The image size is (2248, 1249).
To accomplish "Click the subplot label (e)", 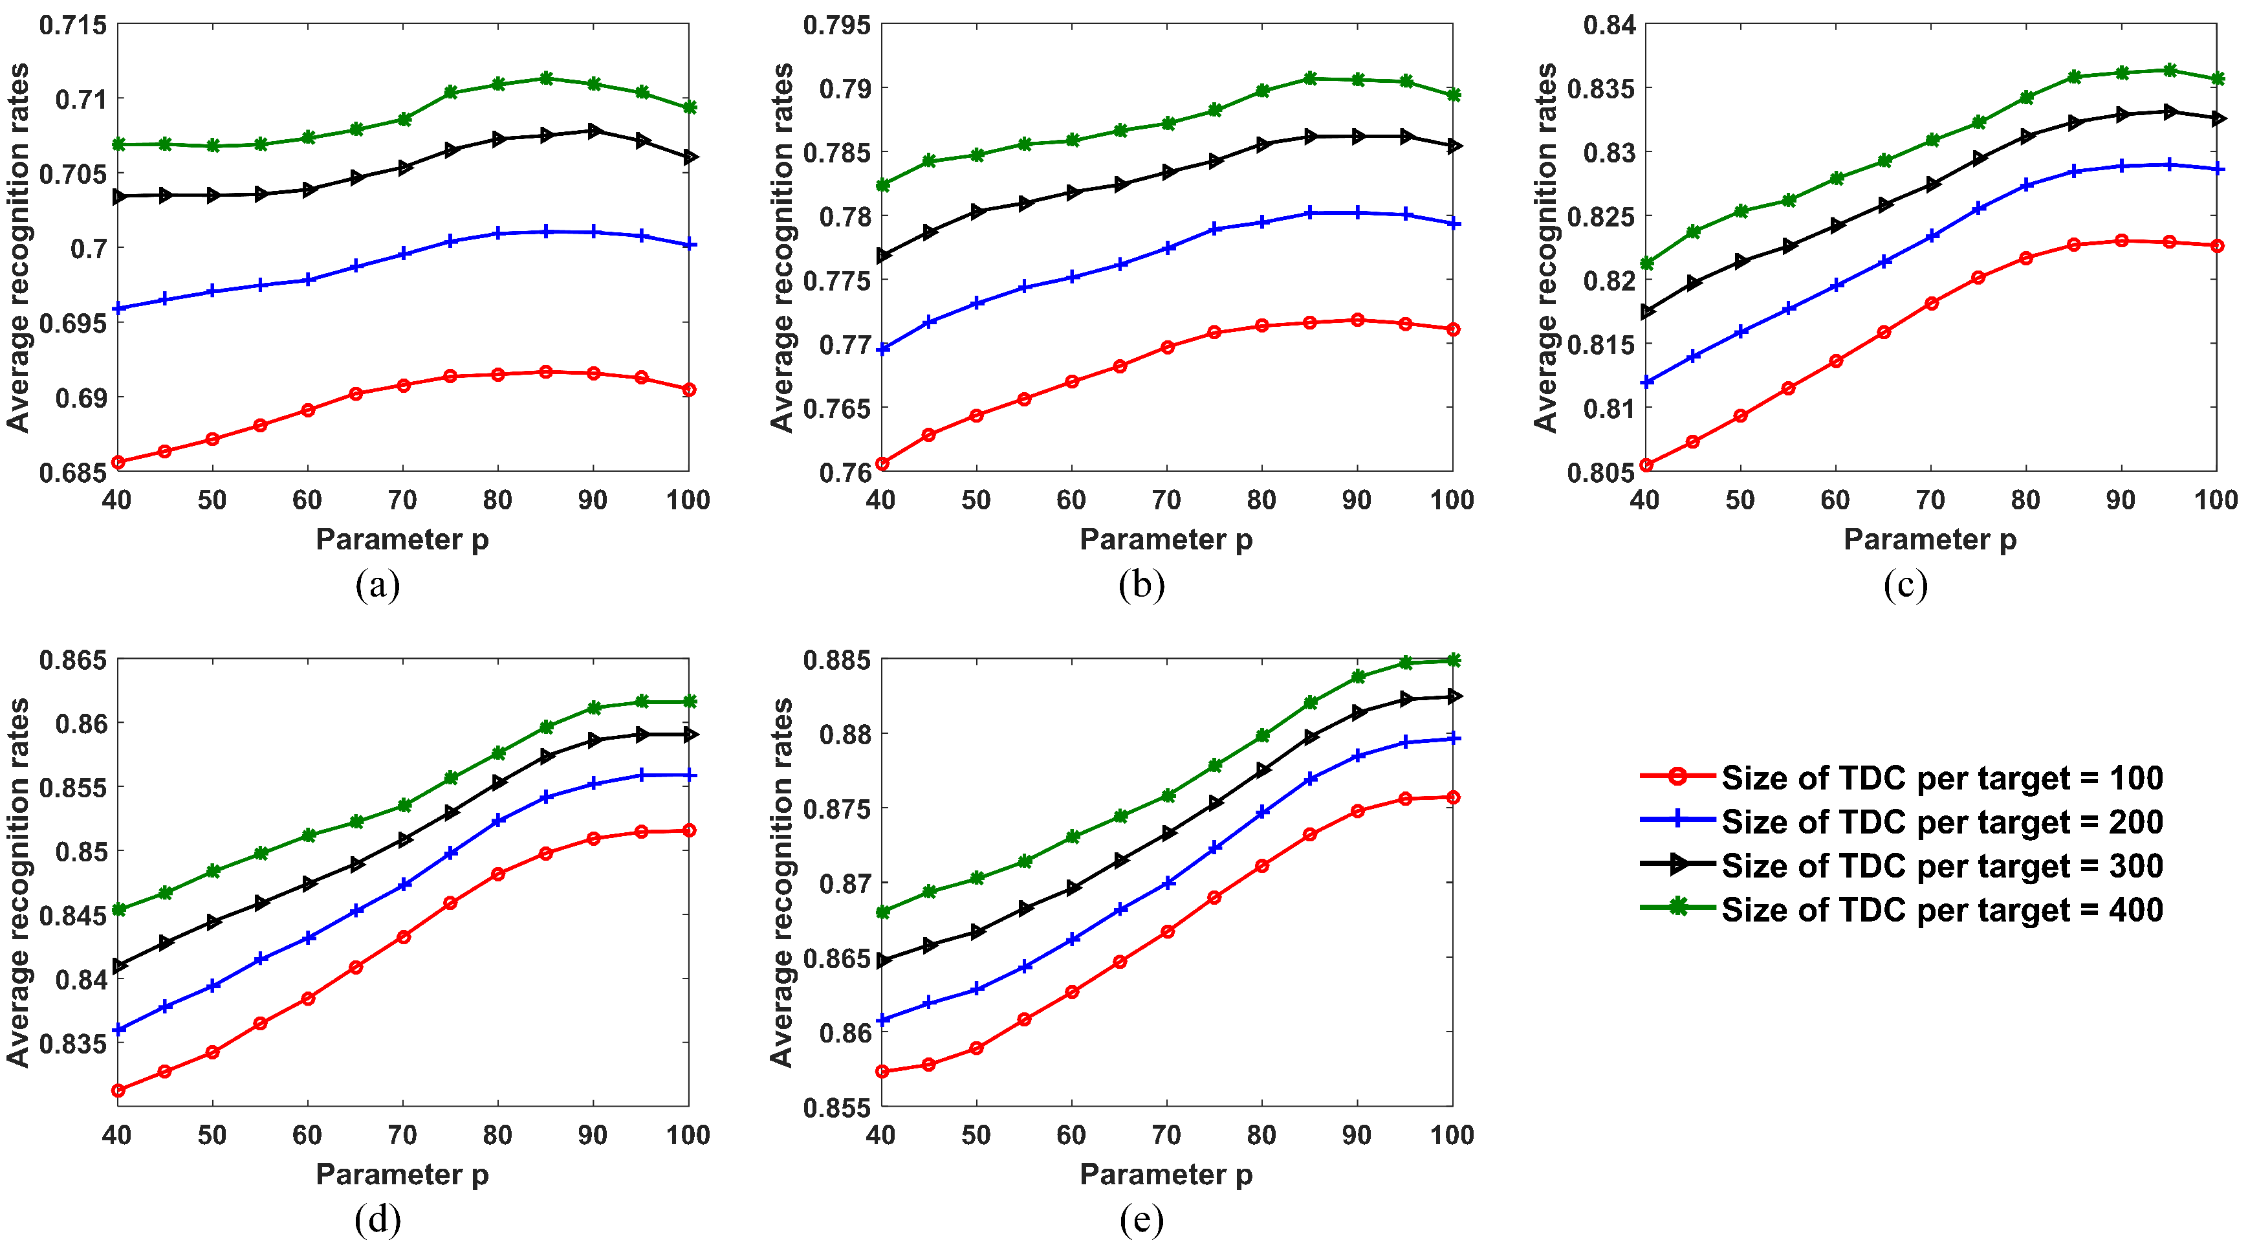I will pos(1140,1219).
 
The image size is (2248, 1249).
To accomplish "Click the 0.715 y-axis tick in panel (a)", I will pos(72,25).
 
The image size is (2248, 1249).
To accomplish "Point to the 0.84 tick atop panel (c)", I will pos(1610,25).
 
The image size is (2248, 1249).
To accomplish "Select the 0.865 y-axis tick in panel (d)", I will pos(72,660).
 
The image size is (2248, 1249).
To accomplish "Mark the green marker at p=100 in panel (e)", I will pos(1453,661).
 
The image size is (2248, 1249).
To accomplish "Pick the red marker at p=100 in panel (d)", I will pos(688,831).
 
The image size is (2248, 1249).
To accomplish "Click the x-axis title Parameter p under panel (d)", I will pos(402,1175).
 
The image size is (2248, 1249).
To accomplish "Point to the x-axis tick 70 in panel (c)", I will pos(1930,500).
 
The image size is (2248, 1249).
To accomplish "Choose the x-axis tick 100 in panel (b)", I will pos(1451,500).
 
